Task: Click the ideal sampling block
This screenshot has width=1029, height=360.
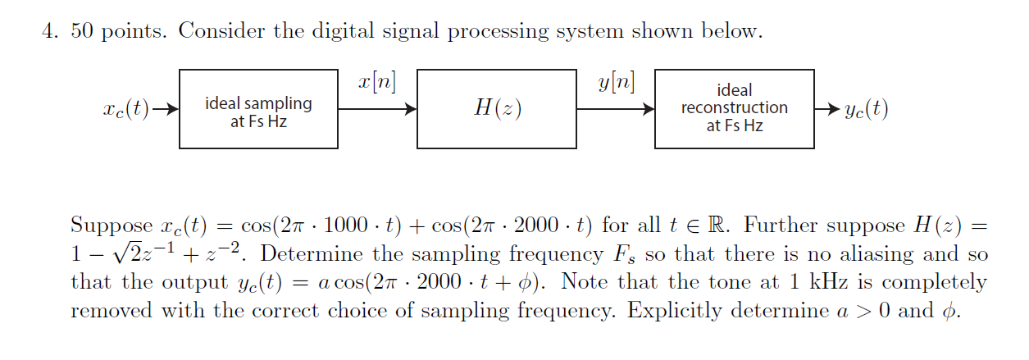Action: click(258, 109)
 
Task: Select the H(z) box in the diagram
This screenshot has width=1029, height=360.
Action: click(496, 109)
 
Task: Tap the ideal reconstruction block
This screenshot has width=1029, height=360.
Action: click(734, 109)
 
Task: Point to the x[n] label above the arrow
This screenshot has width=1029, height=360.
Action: click(377, 83)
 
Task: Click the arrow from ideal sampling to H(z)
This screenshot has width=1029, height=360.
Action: click(377, 109)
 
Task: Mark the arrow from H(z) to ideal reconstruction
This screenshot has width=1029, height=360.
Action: click(615, 109)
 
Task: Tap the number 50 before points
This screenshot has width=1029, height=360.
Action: click(81, 32)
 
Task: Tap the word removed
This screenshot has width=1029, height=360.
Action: click(106, 312)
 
